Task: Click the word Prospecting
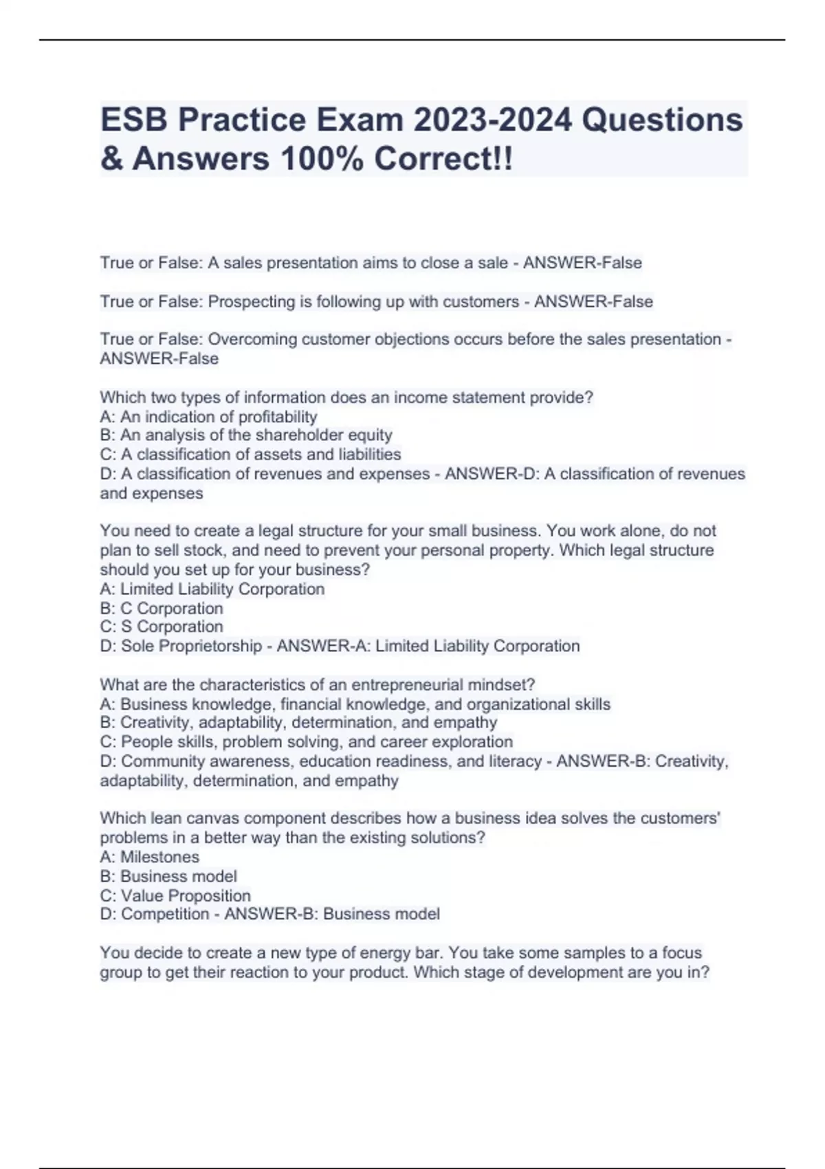point(252,302)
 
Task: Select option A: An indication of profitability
point(208,417)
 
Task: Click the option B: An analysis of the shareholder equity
point(246,435)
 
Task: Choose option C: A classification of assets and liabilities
point(250,455)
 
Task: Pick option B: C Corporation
point(162,609)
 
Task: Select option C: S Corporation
point(162,627)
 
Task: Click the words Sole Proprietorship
point(192,646)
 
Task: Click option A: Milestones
point(150,857)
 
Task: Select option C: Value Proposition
point(175,896)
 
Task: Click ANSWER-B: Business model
point(332,915)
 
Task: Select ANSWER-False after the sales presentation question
point(582,263)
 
